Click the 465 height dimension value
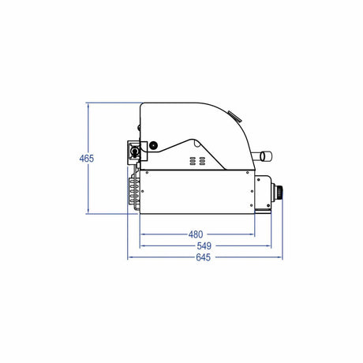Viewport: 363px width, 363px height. coord(87,159)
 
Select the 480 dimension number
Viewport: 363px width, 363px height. coord(196,234)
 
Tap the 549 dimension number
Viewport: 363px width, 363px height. coord(204,246)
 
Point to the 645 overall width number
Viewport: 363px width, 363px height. coord(204,257)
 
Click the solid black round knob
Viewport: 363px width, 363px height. coord(153,145)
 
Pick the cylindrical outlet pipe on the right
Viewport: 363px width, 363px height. coord(263,156)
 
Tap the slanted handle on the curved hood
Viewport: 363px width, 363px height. coord(234,116)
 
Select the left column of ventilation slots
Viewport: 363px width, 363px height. coord(193,161)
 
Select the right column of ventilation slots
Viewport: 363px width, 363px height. coord(202,161)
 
